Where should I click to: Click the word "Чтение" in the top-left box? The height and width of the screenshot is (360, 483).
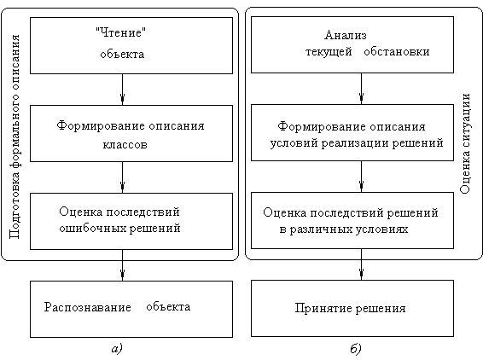(121, 32)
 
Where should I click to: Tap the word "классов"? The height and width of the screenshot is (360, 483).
(125, 145)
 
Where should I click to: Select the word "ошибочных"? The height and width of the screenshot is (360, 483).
(92, 229)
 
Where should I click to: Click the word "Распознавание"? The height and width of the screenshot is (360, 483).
(88, 307)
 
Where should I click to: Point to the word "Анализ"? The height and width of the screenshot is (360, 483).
(346, 35)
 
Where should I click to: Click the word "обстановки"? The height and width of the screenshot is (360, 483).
(397, 52)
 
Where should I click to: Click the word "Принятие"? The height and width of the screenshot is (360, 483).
(323, 308)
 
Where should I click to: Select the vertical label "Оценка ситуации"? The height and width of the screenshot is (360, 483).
(465, 143)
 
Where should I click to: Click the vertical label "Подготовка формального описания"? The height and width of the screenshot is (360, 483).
(15, 136)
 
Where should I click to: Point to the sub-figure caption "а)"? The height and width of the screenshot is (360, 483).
(117, 349)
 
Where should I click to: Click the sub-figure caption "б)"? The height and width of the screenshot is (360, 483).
(356, 349)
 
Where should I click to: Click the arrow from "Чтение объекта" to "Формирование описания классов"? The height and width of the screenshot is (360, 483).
(122, 90)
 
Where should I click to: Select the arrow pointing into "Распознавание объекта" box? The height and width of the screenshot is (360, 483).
(122, 265)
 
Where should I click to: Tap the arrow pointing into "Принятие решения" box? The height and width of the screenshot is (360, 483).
(361, 264)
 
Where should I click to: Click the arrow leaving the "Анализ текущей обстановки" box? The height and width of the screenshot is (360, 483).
(361, 89)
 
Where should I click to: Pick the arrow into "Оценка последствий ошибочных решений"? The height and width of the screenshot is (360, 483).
(122, 177)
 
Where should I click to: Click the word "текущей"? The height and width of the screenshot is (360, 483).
(329, 52)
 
